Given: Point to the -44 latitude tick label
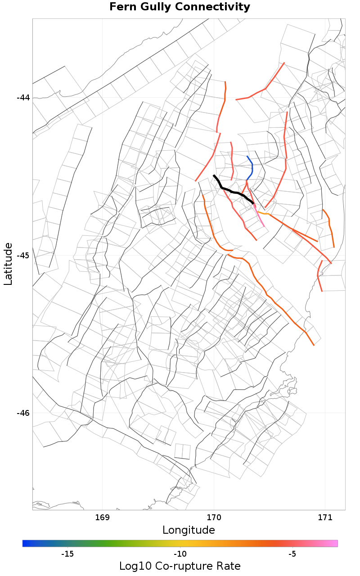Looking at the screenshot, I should (23, 98).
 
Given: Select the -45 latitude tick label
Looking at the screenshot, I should (23, 256).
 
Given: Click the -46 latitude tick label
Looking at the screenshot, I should (23, 413).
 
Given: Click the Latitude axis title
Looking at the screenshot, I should (8, 264).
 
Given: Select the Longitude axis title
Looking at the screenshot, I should (189, 530).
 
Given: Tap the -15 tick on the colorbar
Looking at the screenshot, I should (67, 553).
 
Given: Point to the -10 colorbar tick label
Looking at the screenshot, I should (180, 553).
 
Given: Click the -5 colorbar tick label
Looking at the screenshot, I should (292, 553).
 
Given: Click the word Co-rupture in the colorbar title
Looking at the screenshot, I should (184, 566).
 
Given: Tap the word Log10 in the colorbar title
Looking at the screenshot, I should (133, 566).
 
